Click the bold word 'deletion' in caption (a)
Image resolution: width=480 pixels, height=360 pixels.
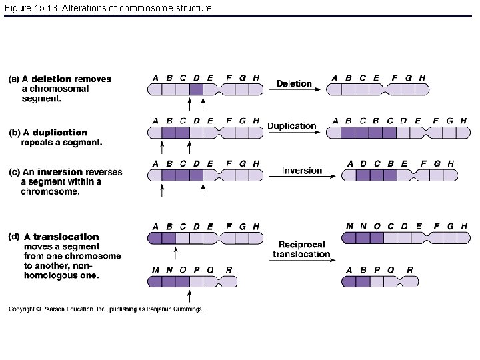(52, 79)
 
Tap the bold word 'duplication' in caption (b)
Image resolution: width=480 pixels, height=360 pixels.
(60, 133)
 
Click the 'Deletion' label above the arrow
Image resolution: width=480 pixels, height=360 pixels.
(294, 83)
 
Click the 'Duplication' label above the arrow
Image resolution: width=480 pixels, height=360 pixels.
(292, 125)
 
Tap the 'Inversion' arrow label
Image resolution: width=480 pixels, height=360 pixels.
(301, 170)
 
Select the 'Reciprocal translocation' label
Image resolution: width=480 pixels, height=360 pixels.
(302, 249)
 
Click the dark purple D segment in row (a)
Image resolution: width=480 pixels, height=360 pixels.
(196, 89)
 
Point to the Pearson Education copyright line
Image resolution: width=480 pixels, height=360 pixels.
(106, 309)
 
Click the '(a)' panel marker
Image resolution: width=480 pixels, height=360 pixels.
(14, 79)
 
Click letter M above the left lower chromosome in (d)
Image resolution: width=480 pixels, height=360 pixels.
(155, 269)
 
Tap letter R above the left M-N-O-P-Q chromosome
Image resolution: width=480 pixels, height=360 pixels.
(229, 269)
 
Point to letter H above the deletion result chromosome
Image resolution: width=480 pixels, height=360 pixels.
(422, 77)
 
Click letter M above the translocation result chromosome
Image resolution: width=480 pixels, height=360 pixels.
(350, 227)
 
